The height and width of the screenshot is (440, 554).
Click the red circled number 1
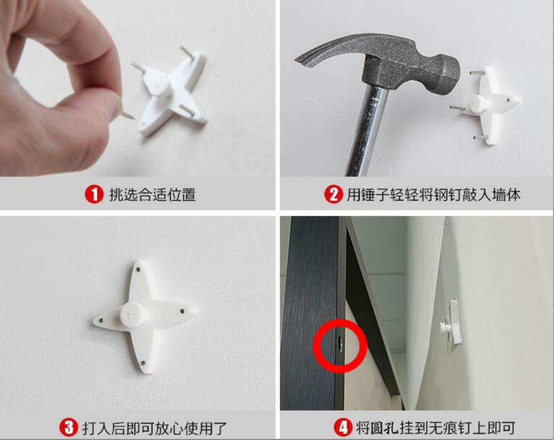(94, 194)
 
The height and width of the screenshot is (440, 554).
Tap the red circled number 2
(334, 194)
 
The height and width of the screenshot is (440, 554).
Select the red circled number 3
(69, 427)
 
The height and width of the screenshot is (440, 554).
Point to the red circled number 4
(343, 427)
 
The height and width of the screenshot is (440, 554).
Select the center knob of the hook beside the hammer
(479, 103)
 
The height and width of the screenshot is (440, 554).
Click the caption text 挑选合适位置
(152, 195)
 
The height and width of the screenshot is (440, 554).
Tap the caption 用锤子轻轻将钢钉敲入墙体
(434, 195)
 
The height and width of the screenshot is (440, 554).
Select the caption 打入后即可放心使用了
(155, 428)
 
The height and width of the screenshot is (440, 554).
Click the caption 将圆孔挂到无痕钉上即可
(435, 427)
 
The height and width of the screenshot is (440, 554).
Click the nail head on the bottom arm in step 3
(143, 363)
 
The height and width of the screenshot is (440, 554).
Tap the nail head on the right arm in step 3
(182, 311)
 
